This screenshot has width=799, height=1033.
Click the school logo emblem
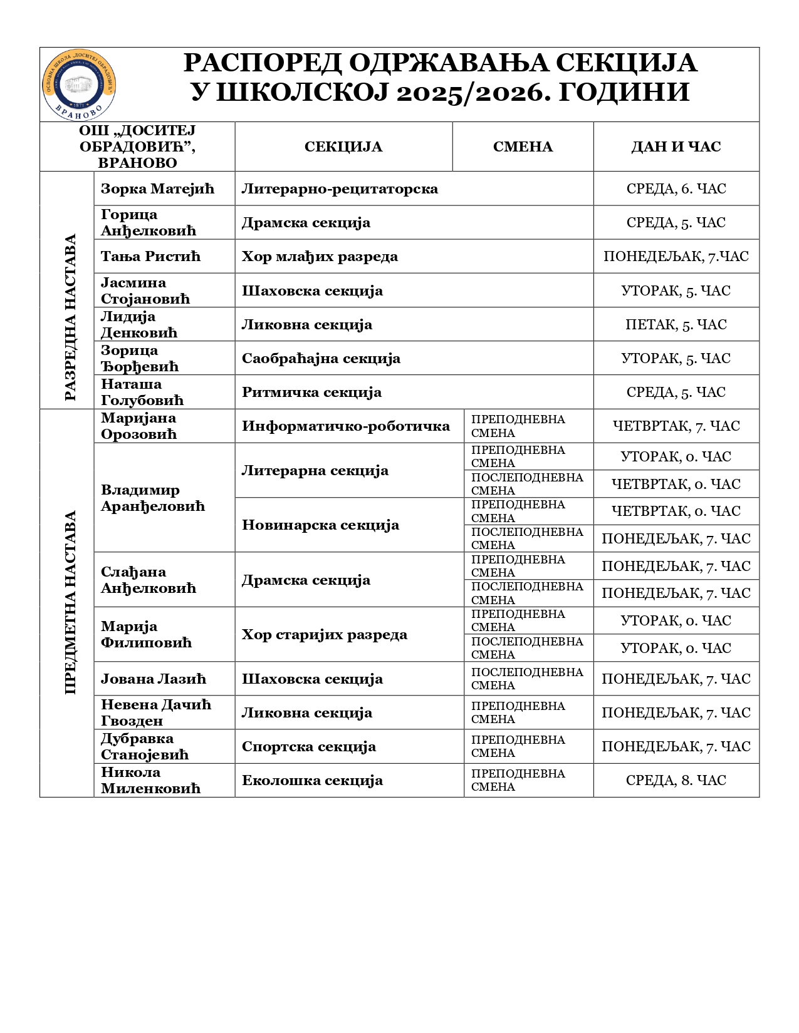point(79,85)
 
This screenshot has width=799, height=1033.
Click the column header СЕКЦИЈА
point(343,146)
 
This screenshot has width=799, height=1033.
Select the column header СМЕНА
point(523,146)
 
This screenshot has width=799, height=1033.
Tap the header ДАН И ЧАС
point(676,146)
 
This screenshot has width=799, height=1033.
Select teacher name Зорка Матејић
point(157,188)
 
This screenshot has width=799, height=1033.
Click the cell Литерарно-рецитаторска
point(340,188)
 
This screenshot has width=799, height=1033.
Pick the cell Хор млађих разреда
point(320,256)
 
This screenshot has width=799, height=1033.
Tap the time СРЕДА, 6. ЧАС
point(676,188)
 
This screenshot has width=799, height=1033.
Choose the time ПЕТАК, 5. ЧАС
point(676,324)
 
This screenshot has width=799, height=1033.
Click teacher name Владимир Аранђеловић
point(153,498)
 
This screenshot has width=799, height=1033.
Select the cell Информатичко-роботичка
point(346,426)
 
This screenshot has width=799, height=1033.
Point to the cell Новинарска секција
point(320,525)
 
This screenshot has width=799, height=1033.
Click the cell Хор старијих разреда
point(325,634)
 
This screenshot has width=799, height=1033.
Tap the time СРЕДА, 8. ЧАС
point(676,780)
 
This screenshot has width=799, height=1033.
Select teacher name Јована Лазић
point(154,679)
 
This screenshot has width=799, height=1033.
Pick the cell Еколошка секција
point(312,780)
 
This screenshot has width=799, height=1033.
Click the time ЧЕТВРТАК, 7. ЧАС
point(676,426)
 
